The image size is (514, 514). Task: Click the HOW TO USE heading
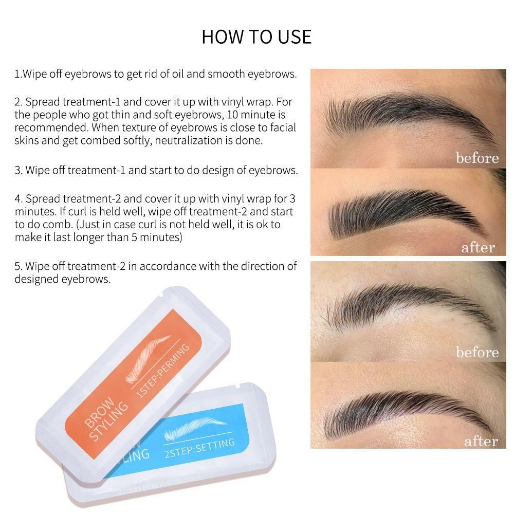click(x=256, y=37)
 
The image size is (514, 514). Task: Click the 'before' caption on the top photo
click(x=477, y=158)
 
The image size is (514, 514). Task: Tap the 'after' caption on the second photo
click(x=478, y=248)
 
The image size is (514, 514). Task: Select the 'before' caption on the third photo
click(x=477, y=352)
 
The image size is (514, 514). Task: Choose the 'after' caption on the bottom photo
click(x=481, y=441)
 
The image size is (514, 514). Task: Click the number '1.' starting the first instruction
click(x=18, y=74)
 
